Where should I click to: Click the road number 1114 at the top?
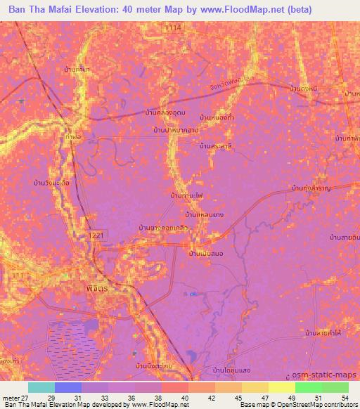click(x=174, y=26)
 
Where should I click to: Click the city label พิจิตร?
click(x=86, y=288)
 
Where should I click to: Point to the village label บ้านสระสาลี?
click(x=214, y=146)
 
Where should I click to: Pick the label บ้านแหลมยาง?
click(x=204, y=215)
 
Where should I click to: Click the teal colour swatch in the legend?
click(x=41, y=387)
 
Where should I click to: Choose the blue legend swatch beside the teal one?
click(x=67, y=387)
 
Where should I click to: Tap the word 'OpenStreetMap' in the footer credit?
click(x=298, y=404)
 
